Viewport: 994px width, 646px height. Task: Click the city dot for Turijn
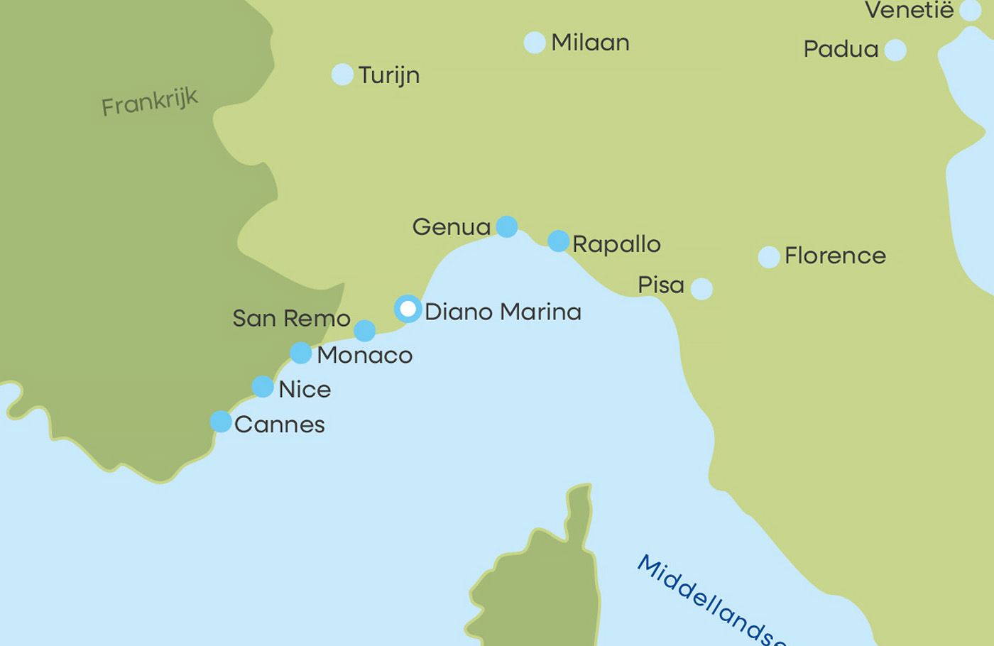[342, 75]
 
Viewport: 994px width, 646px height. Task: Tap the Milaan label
[590, 43]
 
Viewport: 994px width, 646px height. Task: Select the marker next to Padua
[895, 50]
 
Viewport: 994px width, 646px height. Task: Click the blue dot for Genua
[506, 226]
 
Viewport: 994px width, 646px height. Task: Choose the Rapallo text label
[616, 244]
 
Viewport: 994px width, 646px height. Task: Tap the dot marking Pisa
[701, 289]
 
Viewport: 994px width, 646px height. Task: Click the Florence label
[835, 256]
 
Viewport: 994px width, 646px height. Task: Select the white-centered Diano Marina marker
[408, 309]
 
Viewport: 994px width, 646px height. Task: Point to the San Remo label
[291, 318]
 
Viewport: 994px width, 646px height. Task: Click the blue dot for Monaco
[300, 353]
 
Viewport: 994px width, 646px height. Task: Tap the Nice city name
[305, 389]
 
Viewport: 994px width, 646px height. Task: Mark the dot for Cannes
[221, 422]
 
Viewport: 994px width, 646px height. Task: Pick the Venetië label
[909, 10]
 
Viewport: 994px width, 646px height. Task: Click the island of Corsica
[547, 589]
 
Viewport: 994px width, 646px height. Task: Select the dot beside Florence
[769, 257]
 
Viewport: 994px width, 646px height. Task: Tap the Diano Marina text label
[503, 312]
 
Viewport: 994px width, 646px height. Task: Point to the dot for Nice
[263, 387]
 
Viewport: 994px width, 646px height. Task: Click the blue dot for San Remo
[364, 331]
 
